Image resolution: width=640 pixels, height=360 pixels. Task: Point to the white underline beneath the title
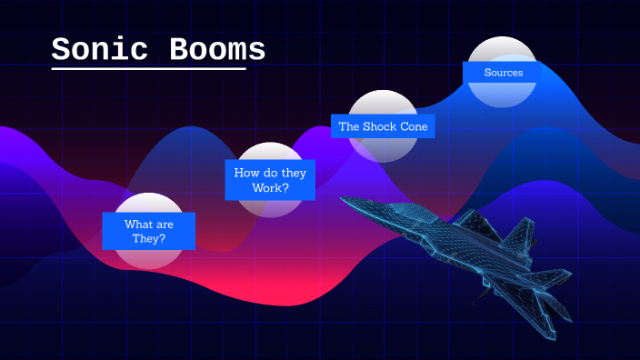[x=148, y=68]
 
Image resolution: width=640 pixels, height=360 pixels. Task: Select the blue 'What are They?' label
[x=148, y=231]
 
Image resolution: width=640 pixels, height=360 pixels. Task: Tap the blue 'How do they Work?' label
[x=270, y=180]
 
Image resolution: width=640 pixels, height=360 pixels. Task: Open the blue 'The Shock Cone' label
[x=383, y=126]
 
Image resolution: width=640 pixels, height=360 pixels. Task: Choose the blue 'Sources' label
[x=503, y=72]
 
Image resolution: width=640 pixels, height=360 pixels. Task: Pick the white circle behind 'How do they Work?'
[x=270, y=207]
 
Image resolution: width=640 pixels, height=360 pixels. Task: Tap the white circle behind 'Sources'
[x=503, y=48]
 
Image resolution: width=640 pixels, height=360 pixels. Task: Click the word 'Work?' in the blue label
[x=270, y=188]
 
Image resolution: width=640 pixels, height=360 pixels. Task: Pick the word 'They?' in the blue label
[x=148, y=239]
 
